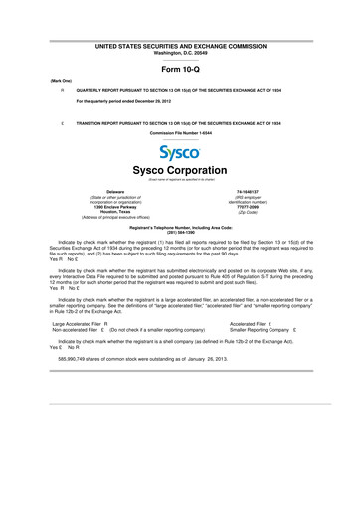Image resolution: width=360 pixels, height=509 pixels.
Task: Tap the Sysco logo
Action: point(180,153)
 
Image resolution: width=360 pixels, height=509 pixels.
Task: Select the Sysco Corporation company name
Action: point(180,170)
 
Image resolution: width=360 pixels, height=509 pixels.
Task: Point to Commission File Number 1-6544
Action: point(180,131)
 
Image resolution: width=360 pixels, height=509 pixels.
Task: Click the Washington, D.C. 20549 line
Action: point(180,52)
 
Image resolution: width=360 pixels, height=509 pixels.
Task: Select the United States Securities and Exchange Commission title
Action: point(180,46)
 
